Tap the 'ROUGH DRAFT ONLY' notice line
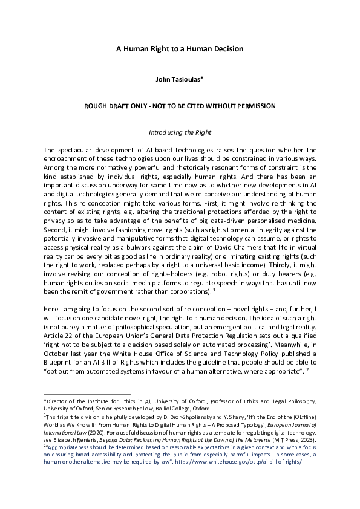[180, 106]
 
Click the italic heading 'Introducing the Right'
[180, 132]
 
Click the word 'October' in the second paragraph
[58, 342]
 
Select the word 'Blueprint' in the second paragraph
[62, 351]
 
